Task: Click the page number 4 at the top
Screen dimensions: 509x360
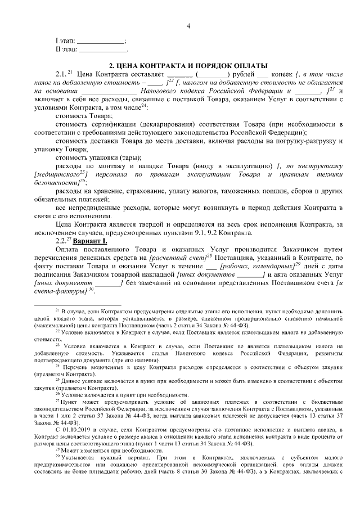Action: click(x=188, y=26)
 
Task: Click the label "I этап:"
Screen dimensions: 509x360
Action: click(x=65, y=41)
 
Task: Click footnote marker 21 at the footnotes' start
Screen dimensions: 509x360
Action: click(x=57, y=310)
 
